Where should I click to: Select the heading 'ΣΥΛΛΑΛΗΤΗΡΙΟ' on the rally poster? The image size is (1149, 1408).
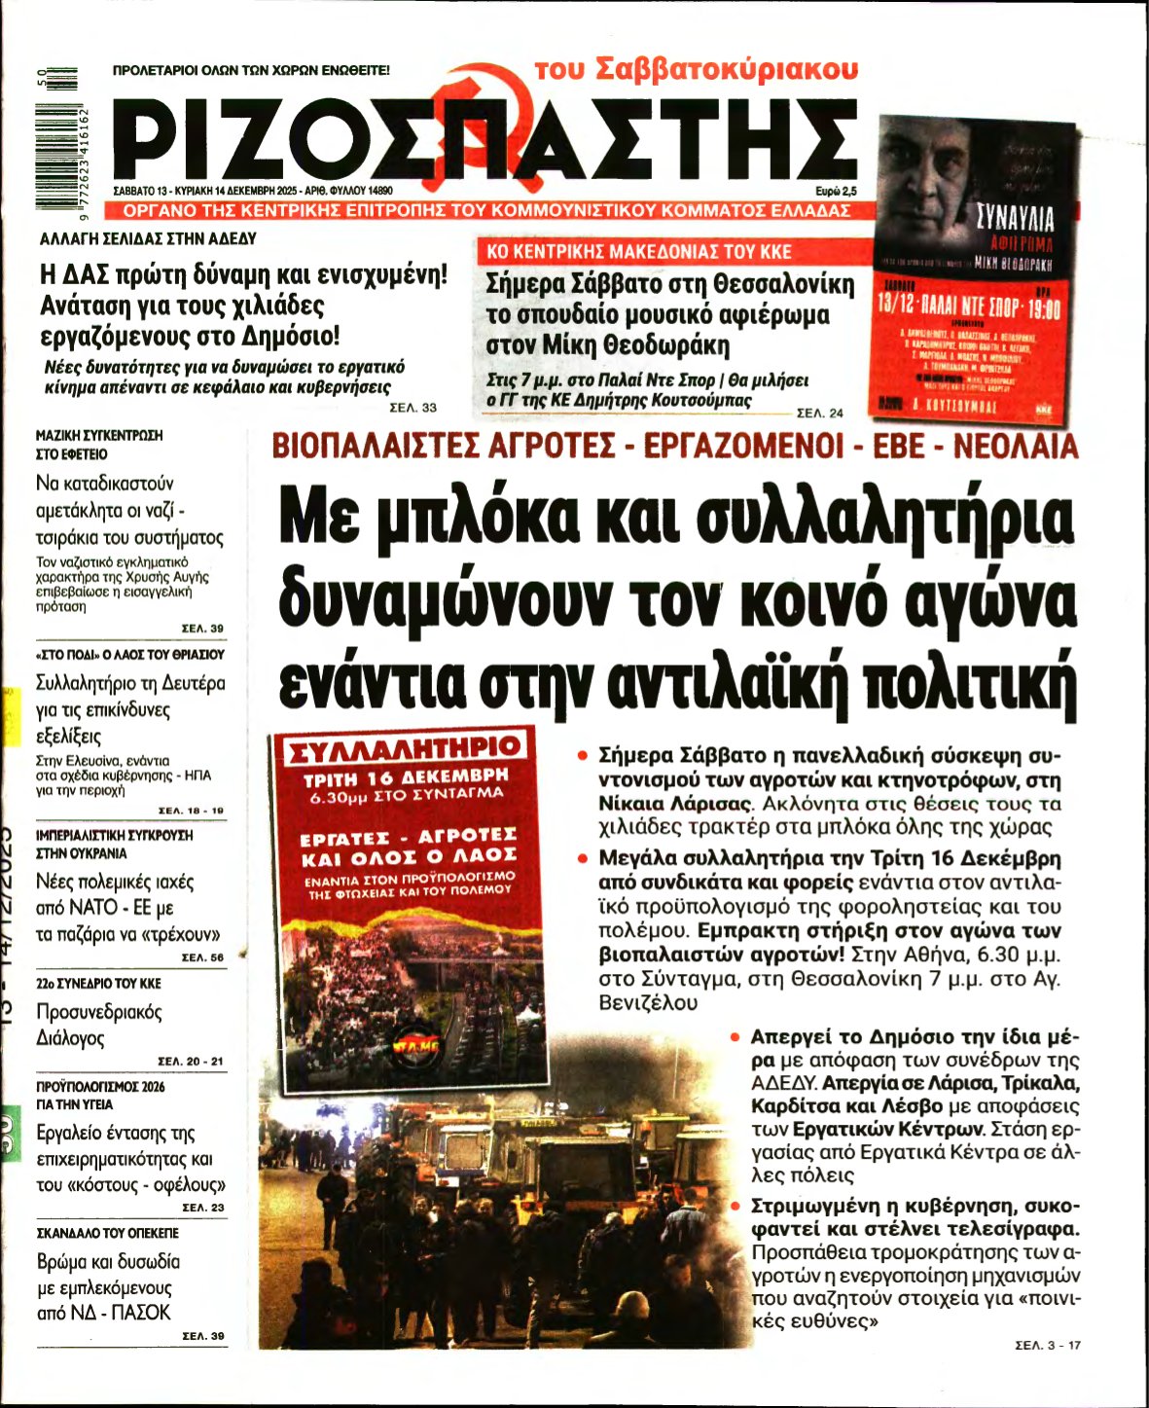402,748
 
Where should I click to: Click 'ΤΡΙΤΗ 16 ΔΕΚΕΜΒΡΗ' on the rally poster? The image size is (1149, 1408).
406,778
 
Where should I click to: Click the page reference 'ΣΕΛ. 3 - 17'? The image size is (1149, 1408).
1047,1346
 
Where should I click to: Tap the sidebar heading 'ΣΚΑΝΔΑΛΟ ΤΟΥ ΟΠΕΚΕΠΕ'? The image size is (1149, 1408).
107,1233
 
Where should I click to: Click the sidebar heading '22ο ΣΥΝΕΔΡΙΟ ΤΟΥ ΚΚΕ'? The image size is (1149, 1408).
98,984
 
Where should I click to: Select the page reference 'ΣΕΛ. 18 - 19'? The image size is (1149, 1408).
191,810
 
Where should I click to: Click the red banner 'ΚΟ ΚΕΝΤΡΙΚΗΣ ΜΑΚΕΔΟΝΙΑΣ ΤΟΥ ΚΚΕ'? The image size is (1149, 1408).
638,252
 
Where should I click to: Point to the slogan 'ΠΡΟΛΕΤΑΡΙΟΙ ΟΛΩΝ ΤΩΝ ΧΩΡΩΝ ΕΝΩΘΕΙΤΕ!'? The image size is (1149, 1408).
251,70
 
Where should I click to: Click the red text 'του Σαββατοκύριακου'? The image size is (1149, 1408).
696,69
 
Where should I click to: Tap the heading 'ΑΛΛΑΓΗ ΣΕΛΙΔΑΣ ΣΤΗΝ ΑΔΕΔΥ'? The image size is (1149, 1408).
148,238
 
